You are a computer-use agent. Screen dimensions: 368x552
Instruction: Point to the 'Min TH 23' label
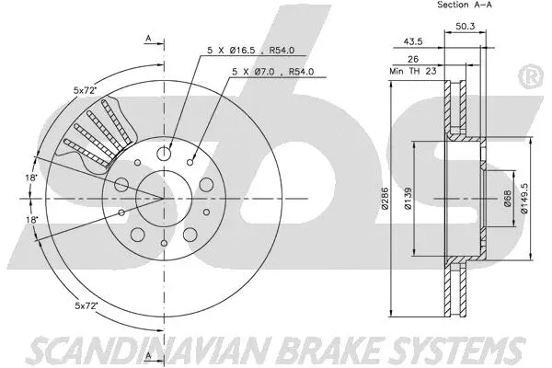(x=410, y=70)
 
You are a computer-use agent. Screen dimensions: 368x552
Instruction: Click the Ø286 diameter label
(x=391, y=198)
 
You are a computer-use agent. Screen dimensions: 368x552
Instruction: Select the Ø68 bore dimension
(x=506, y=198)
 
